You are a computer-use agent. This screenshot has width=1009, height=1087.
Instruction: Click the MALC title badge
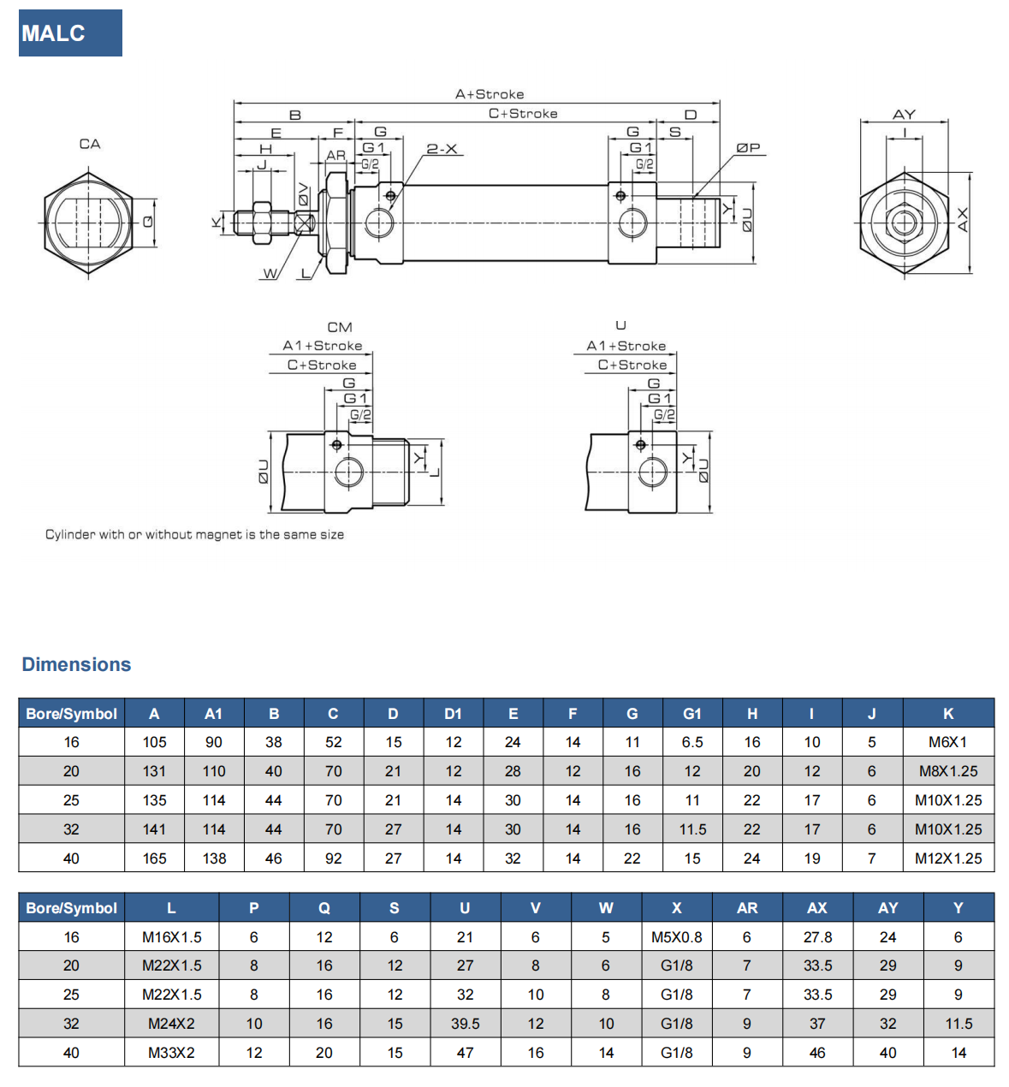point(70,33)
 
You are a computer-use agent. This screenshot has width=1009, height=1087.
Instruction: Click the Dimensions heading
point(76,664)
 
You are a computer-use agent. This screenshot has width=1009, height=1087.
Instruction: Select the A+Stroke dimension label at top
point(490,94)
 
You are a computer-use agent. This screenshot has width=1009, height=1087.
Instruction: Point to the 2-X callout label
point(442,149)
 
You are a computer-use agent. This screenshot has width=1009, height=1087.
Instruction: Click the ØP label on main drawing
point(748,148)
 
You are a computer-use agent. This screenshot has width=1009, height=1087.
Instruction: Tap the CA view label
point(90,144)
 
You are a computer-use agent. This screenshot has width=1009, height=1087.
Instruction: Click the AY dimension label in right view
point(904,114)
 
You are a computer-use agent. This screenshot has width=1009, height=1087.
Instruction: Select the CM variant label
point(340,327)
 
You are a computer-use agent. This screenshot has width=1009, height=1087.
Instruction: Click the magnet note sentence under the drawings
point(194,535)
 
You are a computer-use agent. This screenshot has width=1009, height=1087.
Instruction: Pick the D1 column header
point(453,714)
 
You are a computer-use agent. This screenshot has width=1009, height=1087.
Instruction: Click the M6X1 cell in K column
point(947,742)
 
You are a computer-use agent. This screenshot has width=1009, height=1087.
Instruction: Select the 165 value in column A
point(154,858)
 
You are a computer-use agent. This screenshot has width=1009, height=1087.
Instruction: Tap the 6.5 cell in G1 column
point(691,742)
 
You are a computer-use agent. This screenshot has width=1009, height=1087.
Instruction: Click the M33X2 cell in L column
point(171,1053)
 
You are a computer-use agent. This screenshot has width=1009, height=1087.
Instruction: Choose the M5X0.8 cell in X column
point(676,937)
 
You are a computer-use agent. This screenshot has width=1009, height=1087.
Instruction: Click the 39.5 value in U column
point(465,1024)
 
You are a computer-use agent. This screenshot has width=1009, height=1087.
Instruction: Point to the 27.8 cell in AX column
point(817,937)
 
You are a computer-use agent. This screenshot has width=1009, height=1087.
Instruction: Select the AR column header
point(746,908)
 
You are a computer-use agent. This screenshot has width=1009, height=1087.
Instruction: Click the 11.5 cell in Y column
point(958,1024)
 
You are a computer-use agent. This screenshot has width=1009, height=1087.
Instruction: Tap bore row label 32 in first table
point(71,829)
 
